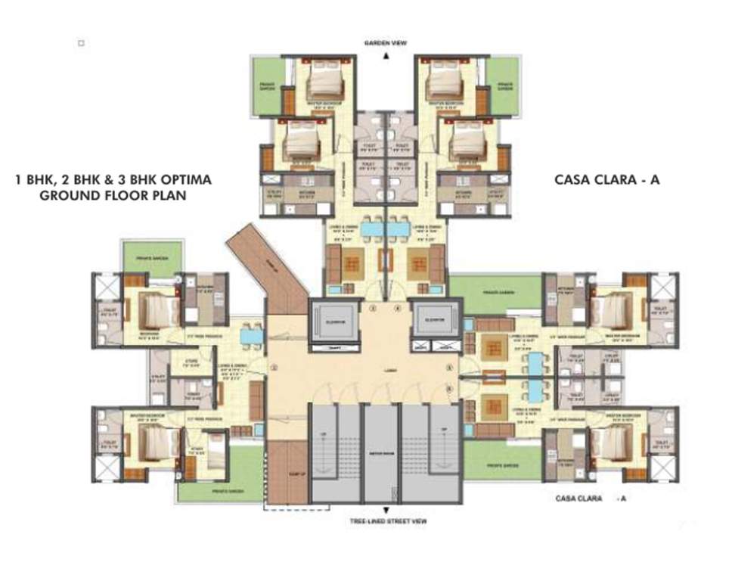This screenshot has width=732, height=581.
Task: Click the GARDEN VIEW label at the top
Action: [x=386, y=43]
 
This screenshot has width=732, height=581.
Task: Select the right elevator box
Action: [x=436, y=322]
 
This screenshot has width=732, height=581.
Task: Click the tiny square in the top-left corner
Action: [x=81, y=44]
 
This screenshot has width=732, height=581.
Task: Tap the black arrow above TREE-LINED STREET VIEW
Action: [x=386, y=511]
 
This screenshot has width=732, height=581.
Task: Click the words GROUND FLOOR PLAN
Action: [x=113, y=195]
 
